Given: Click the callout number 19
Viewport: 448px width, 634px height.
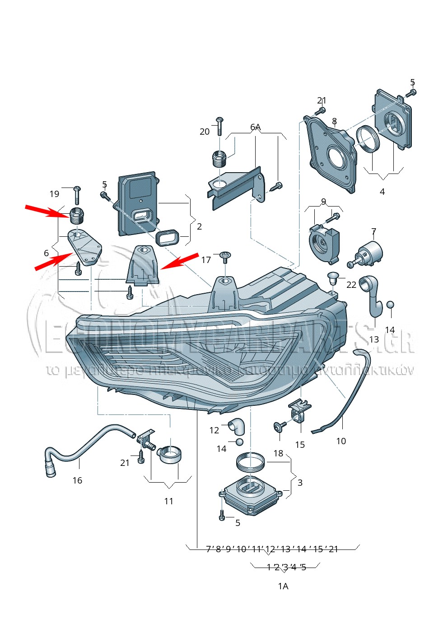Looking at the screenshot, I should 54,194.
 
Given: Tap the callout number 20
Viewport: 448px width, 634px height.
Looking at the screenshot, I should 205,131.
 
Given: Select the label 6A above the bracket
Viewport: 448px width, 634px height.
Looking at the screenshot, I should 256,127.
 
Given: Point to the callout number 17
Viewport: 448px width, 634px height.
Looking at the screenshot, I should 206,260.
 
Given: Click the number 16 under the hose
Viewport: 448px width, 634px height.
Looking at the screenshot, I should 77,480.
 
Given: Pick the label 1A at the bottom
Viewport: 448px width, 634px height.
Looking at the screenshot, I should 283,586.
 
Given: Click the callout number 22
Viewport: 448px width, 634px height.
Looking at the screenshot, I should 351,285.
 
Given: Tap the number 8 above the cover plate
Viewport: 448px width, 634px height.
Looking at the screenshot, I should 334,121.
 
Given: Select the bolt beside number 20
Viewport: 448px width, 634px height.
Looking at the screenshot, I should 219,125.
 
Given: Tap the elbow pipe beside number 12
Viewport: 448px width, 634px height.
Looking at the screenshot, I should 237,425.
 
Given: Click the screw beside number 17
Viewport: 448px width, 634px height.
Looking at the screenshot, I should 225,257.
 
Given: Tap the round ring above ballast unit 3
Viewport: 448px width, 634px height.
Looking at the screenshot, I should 250,462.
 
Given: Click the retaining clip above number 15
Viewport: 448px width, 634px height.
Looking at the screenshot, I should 299,410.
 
